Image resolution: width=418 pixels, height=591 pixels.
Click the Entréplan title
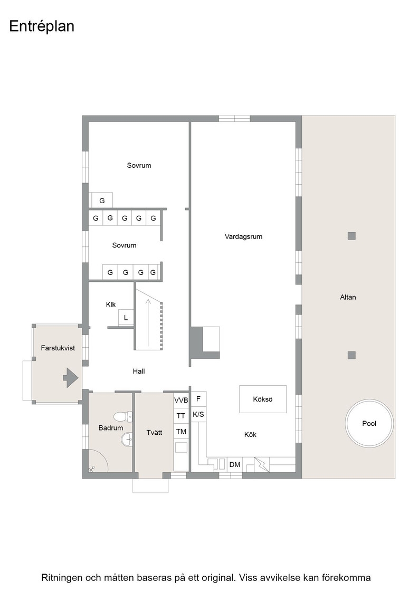coord(42,26)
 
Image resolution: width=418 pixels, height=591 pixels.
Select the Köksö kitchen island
coord(263,399)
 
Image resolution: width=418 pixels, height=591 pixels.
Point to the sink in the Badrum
coord(127,439)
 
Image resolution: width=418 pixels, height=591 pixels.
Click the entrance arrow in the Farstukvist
coord(70,378)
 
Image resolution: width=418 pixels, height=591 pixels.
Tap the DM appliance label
coord(234,464)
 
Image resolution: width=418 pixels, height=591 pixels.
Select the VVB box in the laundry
coord(181,401)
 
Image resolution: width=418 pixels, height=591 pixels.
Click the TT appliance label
coord(181,416)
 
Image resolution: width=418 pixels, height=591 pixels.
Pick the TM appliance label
coord(181,432)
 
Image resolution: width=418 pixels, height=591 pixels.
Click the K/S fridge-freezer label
coord(198,415)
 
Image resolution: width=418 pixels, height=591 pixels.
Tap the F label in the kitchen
coord(198,398)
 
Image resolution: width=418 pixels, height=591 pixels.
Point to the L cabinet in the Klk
coord(126,318)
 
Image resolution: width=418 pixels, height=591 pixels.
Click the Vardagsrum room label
coord(243,237)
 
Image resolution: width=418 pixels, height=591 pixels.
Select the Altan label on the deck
coord(348,297)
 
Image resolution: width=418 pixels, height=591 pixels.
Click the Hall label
coord(139,371)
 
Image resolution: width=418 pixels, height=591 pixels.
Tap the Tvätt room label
coord(154,432)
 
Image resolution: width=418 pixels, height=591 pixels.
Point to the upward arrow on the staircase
coord(148,322)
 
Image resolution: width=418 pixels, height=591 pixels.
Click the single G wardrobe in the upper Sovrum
coord(102,201)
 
